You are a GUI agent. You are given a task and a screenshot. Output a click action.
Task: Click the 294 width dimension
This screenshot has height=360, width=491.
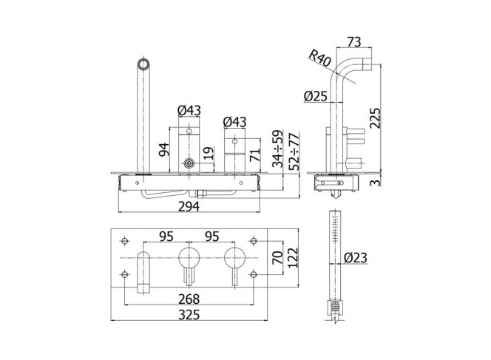click(x=189, y=206)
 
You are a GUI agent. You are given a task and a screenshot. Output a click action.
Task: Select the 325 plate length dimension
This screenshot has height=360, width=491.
click(x=189, y=315)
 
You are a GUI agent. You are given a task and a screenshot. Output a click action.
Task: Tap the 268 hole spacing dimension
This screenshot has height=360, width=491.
click(x=189, y=299)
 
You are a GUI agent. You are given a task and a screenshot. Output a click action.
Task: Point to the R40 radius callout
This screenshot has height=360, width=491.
click(x=319, y=58)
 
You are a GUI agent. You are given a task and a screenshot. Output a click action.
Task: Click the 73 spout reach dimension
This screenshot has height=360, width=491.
click(x=354, y=41)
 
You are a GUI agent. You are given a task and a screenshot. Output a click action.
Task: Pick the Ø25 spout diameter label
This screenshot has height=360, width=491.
click(x=316, y=96)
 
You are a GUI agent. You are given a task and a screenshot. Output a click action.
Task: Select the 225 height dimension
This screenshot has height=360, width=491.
click(x=375, y=118)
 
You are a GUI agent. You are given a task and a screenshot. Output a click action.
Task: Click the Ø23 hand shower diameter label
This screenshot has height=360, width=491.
click(x=356, y=258)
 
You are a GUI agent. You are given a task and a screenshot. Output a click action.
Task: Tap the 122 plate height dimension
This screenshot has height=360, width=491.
click(x=293, y=258)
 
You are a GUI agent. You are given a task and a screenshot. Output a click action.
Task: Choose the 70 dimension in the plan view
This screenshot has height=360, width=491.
click(x=277, y=258)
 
